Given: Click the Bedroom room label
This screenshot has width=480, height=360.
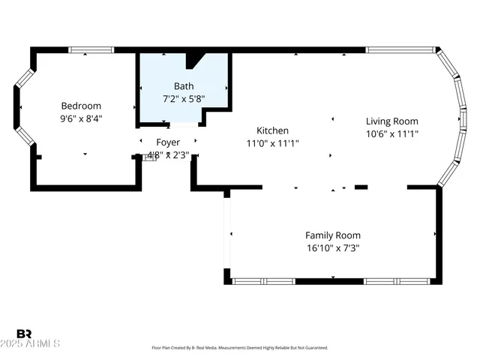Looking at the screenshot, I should coord(81,106).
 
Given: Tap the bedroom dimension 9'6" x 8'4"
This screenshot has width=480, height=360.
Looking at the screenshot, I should coord(81,118).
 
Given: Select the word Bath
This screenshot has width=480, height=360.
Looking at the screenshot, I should coord(184,85).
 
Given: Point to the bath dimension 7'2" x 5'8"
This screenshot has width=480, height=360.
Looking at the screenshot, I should coord(184,98).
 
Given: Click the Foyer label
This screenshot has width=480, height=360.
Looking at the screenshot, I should coord(168,142).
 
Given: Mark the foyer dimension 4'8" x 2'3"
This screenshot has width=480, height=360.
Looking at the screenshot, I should coord(168,155).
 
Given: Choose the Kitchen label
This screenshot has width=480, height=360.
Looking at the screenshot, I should coord(272,130).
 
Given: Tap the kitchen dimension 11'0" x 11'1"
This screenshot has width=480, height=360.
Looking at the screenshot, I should coord(272,142).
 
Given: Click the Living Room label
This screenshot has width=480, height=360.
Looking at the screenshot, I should coord(391,121).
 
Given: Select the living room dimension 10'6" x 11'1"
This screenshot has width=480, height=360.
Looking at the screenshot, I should coord(391,133).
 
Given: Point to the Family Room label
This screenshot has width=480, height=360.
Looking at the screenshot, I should coord(333,235).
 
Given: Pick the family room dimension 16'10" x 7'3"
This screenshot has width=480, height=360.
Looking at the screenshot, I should coord(333,247).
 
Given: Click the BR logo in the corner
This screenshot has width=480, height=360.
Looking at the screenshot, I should coord(24,333).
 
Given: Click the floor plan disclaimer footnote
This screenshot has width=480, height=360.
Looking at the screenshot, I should coord(240,348).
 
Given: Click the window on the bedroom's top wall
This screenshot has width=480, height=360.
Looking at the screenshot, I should coord(91,50).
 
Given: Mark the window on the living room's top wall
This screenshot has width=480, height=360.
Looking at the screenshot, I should coord(401,50).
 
